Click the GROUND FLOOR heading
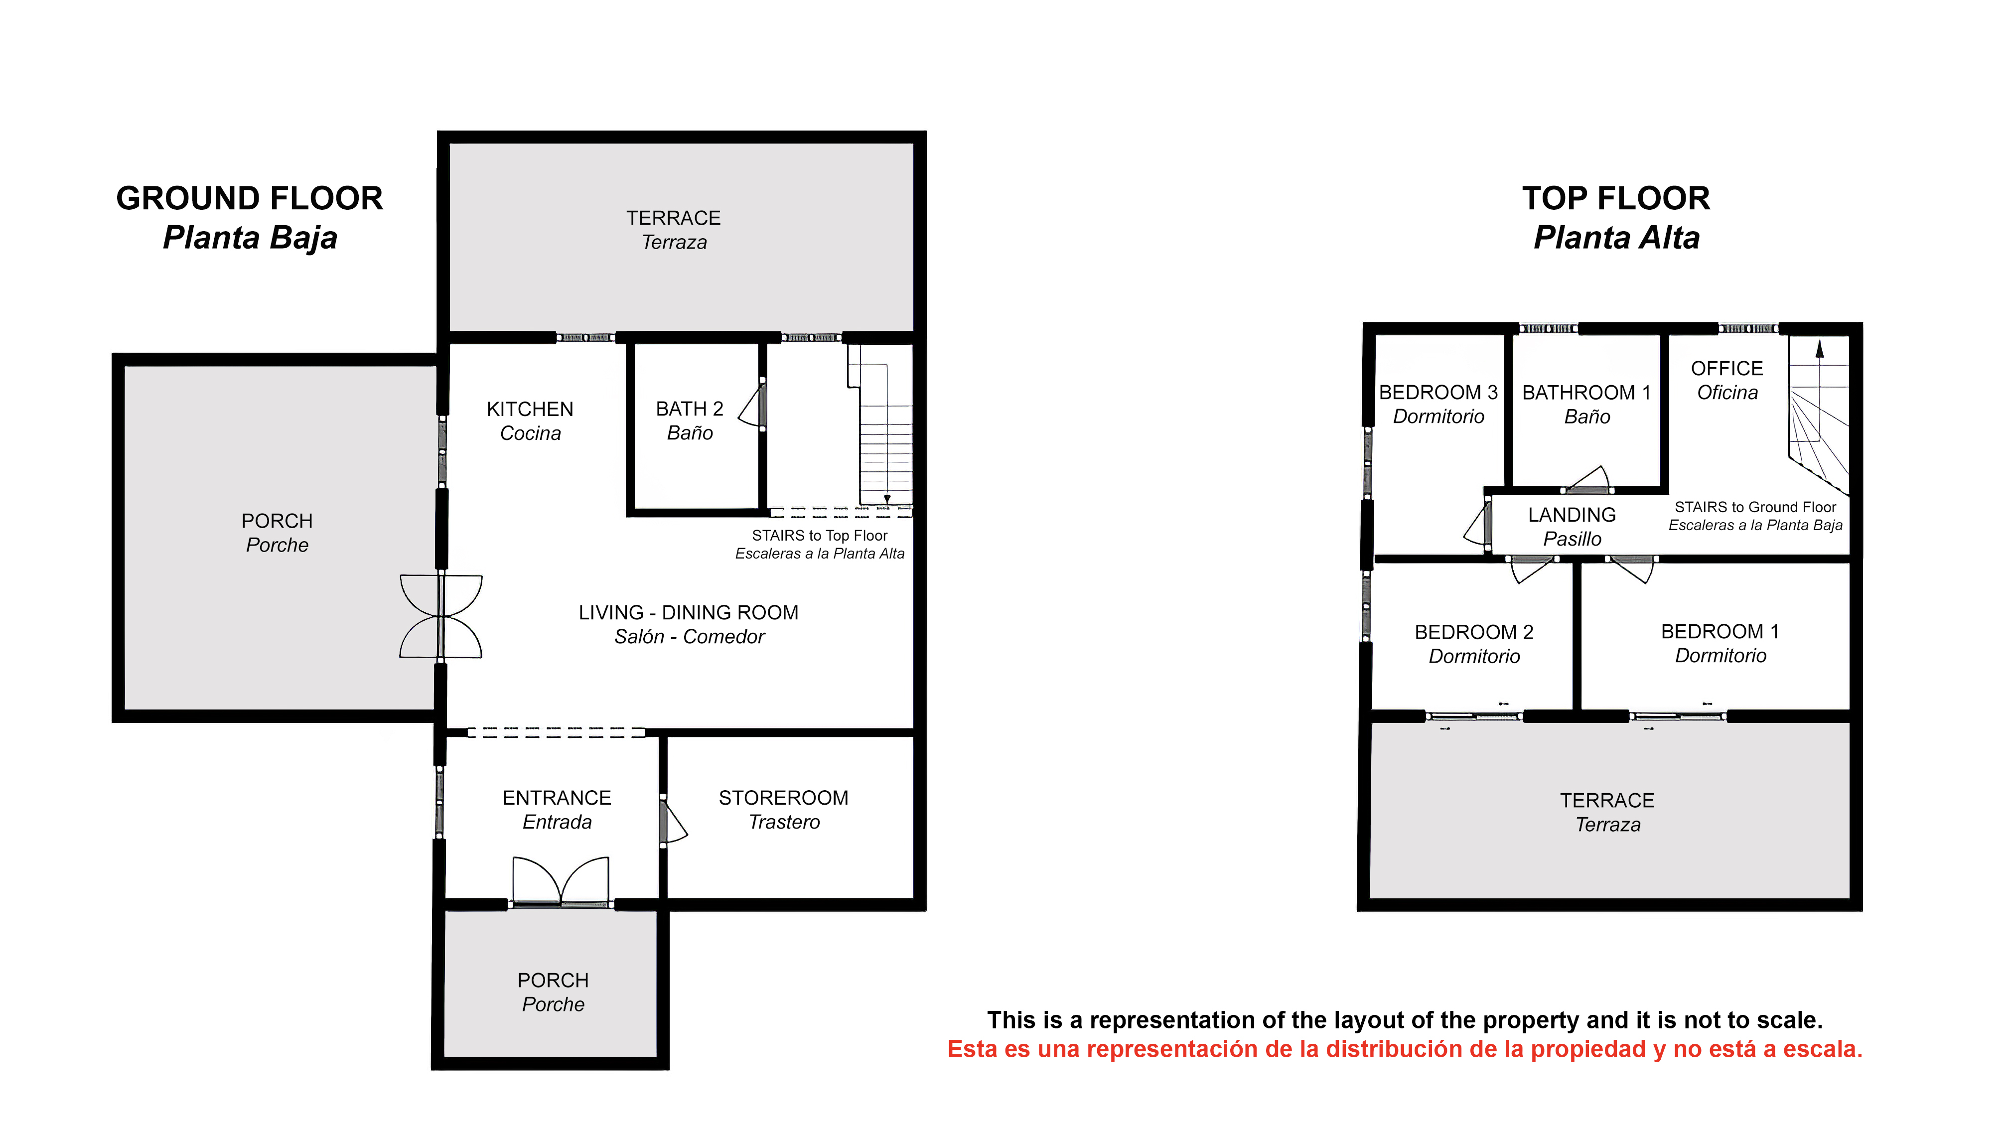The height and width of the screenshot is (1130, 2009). [x=250, y=198]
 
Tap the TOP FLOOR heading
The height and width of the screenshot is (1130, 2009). [x=1616, y=198]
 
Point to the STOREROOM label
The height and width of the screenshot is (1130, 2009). [x=784, y=798]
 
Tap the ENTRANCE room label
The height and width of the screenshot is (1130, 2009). [x=557, y=798]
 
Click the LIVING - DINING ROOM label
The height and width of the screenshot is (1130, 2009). [x=689, y=612]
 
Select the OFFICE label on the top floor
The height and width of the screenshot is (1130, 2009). [x=1726, y=368]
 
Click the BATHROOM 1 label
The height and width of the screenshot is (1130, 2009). [x=1586, y=392]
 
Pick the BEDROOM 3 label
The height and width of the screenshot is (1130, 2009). [x=1438, y=392]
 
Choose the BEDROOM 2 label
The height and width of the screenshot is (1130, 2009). [x=1474, y=632]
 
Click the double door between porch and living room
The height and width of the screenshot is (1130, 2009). [x=441, y=616]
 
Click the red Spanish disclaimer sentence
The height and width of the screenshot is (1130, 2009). [x=1405, y=1049]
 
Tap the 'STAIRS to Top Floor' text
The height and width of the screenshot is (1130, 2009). [x=820, y=536]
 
